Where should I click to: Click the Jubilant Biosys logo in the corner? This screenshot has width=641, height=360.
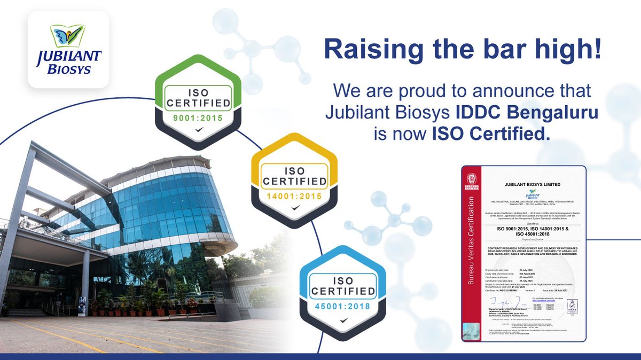(69, 50)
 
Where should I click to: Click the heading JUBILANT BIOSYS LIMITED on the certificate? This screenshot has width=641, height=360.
(529, 184)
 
